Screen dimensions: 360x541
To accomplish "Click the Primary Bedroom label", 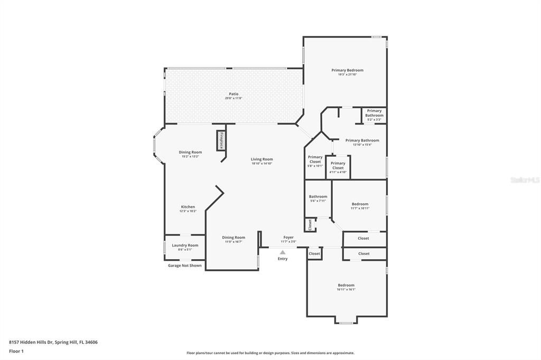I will click(347, 70).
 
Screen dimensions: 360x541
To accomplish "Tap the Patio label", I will click(234, 94).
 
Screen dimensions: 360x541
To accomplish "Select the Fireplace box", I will click(220, 140).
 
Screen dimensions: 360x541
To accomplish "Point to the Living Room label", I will click(262, 159).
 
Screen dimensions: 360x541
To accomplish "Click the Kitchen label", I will click(188, 207).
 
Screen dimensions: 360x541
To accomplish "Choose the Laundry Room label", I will click(185, 245).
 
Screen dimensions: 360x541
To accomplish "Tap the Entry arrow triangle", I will click(283, 252).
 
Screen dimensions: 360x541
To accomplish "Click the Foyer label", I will click(288, 238).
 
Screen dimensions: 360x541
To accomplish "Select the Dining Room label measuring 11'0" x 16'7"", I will click(234, 238).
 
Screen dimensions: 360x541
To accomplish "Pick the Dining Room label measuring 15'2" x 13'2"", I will click(190, 153).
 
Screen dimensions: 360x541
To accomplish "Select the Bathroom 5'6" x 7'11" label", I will click(318, 197).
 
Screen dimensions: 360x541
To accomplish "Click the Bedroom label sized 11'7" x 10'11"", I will click(360, 204).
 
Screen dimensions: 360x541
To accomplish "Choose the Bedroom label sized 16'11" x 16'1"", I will click(346, 286).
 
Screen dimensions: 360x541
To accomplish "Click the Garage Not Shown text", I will click(185, 266).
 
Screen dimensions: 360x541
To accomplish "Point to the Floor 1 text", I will click(16, 351).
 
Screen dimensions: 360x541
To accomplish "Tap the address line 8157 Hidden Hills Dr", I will click(53, 342).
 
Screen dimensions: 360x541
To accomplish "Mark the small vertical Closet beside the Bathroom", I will click(310, 224).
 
